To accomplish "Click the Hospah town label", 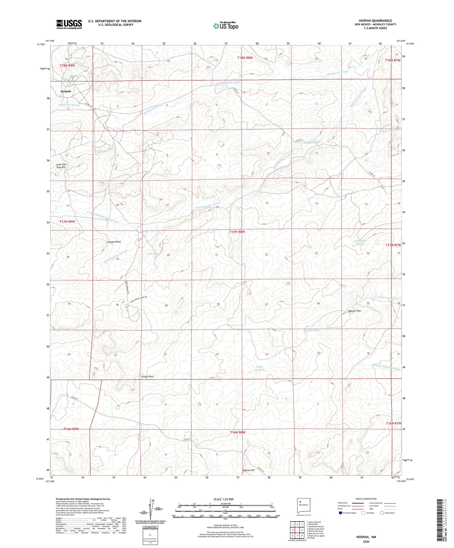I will (x=66, y=91).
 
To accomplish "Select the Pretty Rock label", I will (x=147, y=376).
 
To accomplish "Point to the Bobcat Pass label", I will (x=354, y=311).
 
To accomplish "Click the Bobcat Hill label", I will (x=249, y=470).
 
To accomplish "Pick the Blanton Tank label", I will (x=311, y=330).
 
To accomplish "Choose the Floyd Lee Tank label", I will (x=259, y=368).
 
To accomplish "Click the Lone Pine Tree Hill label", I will (x=61, y=166).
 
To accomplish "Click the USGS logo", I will (x=69, y=24).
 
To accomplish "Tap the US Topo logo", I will (x=225, y=25).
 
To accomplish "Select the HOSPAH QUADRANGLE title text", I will (x=375, y=21).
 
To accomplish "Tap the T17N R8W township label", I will (x=237, y=232).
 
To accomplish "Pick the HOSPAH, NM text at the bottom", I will (x=366, y=537).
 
